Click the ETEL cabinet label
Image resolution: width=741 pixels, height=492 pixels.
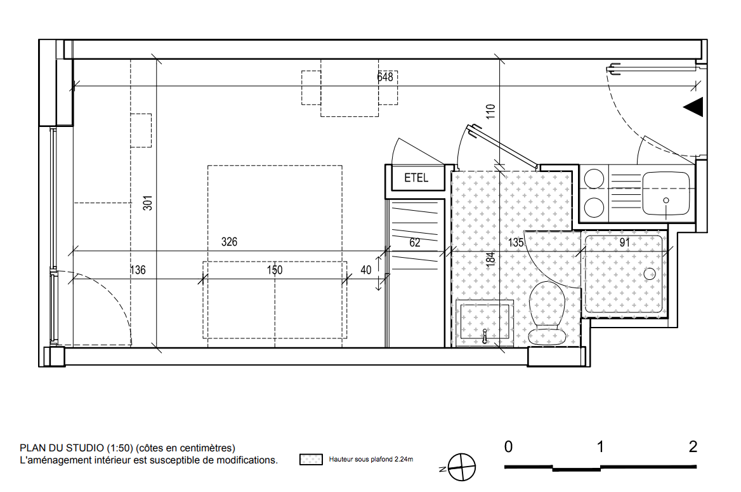tap(416, 178)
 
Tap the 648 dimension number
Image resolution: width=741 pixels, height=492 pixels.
tap(385, 77)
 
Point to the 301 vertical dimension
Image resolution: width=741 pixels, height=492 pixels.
tap(148, 203)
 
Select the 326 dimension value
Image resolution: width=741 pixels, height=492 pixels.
tap(229, 242)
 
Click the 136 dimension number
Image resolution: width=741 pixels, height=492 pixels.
tap(138, 270)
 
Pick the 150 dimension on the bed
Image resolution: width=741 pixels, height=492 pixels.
tap(275, 270)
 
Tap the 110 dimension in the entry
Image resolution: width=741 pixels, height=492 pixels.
tap(490, 111)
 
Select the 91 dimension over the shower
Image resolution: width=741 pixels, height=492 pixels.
tap(624, 243)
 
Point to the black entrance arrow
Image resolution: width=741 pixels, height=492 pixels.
tap(694, 107)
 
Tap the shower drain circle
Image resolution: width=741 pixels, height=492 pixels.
tap(650, 274)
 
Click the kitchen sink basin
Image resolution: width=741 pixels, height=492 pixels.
tap(666, 193)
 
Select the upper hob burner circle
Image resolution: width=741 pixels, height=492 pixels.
tap(594, 179)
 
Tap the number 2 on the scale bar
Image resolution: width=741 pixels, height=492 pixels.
tap(693, 446)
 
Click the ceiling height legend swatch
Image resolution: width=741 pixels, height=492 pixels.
tap(311, 460)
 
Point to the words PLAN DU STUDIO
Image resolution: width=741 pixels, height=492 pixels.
tap(62, 448)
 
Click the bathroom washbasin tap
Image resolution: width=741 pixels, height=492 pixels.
tap(485, 336)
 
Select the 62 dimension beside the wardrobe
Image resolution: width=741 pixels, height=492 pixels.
tap(414, 243)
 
